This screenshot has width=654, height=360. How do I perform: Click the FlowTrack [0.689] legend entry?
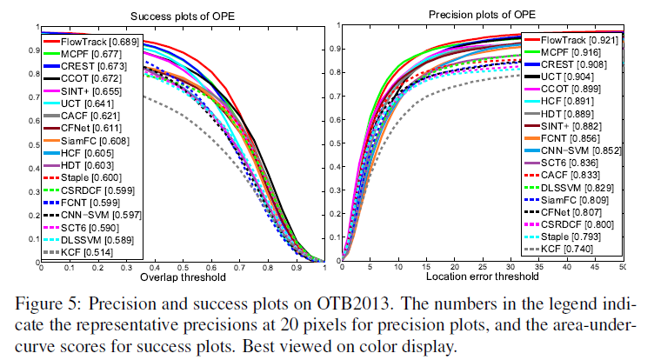pos(97,40)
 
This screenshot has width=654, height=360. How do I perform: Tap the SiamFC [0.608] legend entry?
pos(92,139)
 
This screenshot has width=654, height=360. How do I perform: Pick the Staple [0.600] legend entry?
pos(90,177)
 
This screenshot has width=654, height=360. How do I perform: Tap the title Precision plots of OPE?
pos(482,14)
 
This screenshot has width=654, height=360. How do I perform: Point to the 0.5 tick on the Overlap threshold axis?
pos(178,268)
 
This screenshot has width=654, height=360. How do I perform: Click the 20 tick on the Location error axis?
pos(454,268)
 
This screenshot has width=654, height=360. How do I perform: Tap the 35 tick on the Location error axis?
pos(538,268)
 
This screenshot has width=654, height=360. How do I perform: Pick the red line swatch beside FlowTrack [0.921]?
pos(528,40)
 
